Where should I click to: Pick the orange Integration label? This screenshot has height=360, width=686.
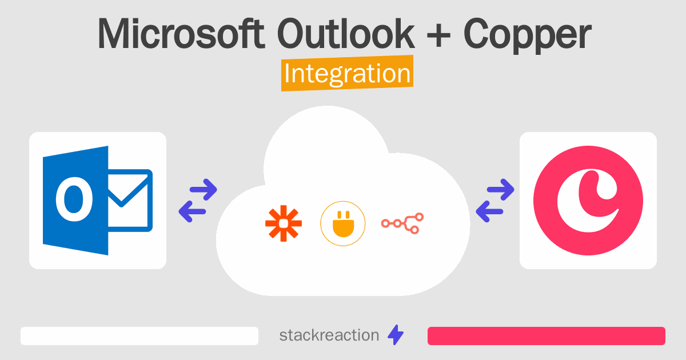[347, 74]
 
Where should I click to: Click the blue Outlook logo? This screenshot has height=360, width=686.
[97, 200]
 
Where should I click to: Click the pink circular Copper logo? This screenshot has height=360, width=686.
[588, 200]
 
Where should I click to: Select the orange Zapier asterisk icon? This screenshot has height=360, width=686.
[284, 223]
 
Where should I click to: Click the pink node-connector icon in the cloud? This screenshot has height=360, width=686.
[402, 223]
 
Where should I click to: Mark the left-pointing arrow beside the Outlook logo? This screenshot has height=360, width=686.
[193, 212]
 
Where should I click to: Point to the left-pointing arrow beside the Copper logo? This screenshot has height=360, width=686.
[490, 212]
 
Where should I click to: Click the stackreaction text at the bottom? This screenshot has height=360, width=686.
[329, 335]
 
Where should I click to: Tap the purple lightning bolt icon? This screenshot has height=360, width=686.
[396, 335]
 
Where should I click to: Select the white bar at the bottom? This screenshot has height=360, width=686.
[139, 336]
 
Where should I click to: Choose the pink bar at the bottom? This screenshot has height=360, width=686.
[546, 336]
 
